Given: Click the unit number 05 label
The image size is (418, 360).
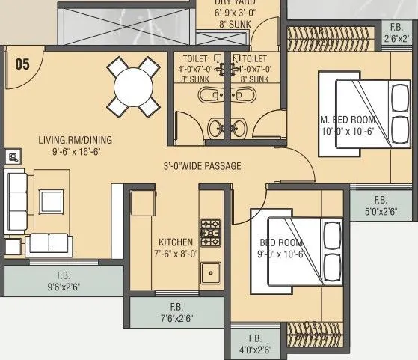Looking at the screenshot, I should (x=22, y=64).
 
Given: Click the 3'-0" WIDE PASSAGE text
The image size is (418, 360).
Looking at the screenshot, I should (x=203, y=166).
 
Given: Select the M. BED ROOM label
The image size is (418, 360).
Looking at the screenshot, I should (x=347, y=126).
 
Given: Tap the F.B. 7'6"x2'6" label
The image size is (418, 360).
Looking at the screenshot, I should (x=176, y=313).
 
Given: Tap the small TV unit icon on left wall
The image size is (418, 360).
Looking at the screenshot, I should (x=13, y=156).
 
